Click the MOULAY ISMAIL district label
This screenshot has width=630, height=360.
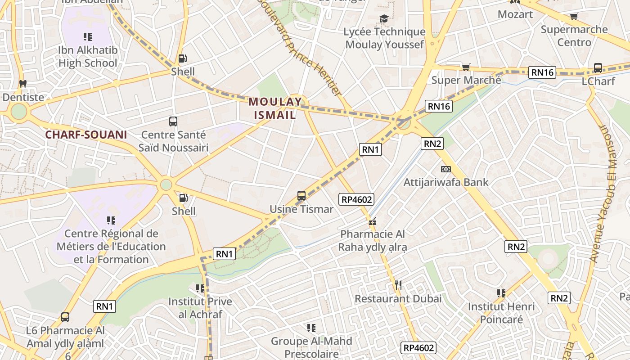point(275,108)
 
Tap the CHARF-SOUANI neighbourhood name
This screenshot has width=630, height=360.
point(85,135)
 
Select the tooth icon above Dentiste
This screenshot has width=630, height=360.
point(22,84)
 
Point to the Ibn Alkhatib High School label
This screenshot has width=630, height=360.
point(88,56)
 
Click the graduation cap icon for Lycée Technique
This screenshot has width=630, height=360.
point(384,18)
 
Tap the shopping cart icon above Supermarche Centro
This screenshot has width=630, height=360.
point(574,17)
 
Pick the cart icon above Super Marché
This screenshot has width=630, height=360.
point(466,67)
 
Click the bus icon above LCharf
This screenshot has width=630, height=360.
point(598,68)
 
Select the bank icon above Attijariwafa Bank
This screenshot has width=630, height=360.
point(445,169)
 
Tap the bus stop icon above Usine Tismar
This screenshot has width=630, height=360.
point(301,196)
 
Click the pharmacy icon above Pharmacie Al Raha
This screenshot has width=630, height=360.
point(372,221)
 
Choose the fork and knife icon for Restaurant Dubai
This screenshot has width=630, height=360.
point(398,285)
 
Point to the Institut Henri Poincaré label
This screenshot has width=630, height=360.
point(501,313)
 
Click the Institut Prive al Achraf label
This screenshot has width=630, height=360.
point(200,308)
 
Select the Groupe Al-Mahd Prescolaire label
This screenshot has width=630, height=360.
point(311,347)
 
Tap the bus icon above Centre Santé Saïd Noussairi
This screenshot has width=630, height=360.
point(173,121)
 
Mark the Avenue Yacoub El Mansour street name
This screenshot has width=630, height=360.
point(603,193)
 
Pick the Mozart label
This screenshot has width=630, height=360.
point(515,14)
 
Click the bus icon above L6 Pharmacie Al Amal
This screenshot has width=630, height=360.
point(65,317)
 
